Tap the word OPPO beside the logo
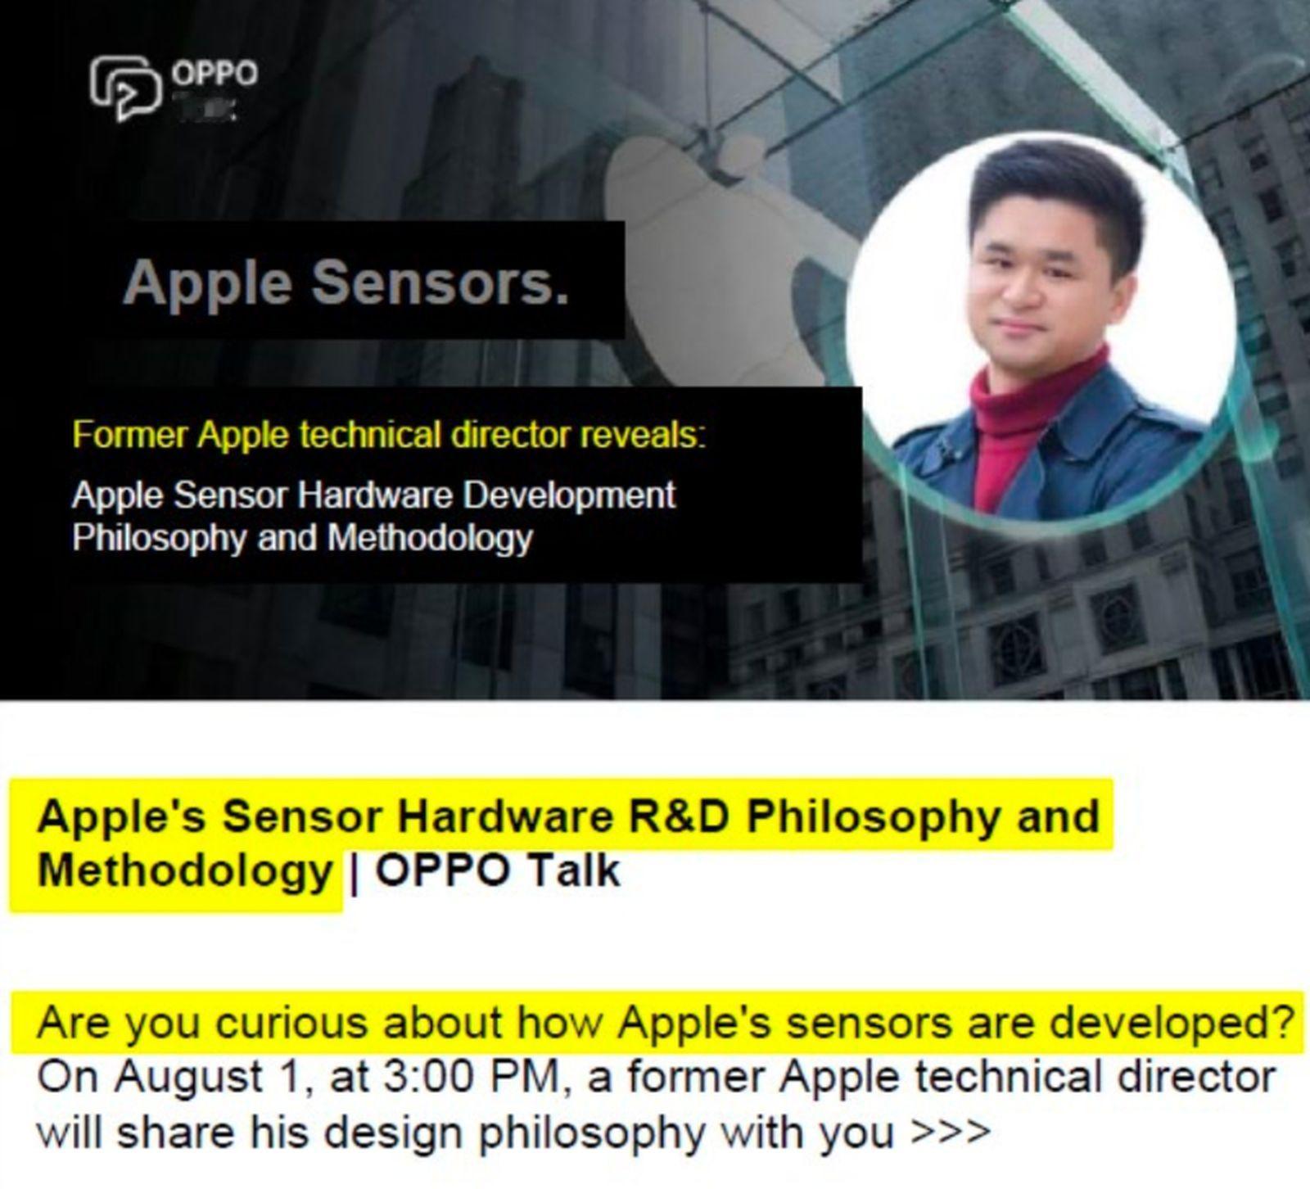[215, 74]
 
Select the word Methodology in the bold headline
[184, 870]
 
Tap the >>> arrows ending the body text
[951, 1132]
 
